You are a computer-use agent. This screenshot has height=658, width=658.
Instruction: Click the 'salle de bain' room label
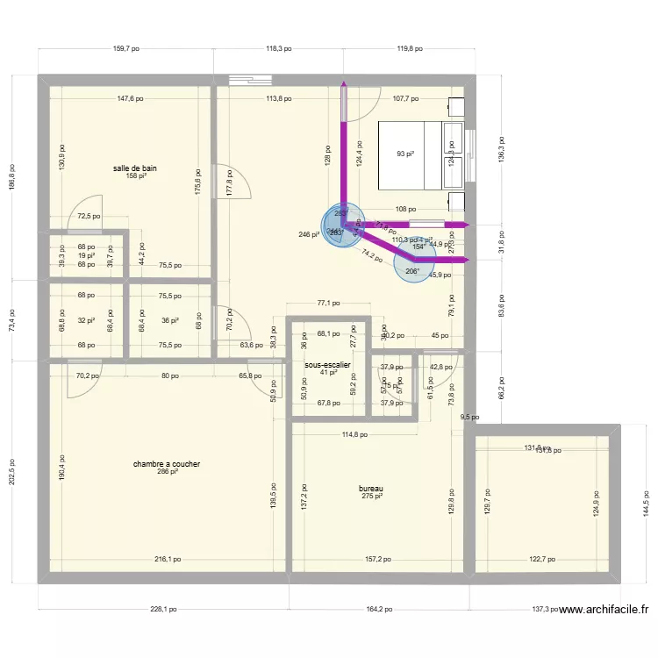134,168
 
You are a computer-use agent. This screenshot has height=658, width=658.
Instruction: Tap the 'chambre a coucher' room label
167,463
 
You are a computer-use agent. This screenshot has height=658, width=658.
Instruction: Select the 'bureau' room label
371,489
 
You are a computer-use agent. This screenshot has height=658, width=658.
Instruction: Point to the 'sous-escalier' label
328,364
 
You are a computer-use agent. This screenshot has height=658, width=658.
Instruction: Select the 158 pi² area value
134,176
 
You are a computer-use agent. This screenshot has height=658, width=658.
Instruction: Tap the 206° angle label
411,271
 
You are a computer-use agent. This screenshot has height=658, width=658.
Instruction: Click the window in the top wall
251,80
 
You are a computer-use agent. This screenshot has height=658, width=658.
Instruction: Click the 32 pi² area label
86,321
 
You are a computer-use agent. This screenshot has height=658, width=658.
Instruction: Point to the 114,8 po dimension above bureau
354,433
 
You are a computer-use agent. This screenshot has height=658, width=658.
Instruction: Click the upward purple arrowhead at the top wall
343,85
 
